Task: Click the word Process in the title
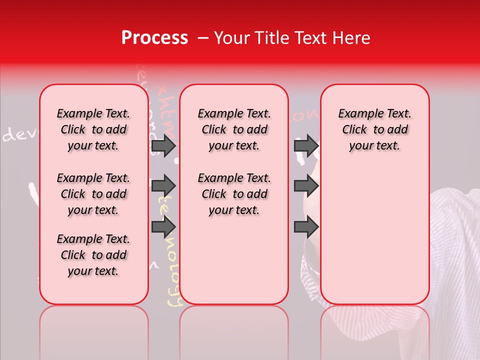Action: (154, 38)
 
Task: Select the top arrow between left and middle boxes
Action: (163, 145)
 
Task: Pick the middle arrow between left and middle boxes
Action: (163, 186)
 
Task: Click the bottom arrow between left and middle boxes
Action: (163, 226)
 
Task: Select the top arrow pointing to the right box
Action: (306, 145)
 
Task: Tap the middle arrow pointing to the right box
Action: (306, 186)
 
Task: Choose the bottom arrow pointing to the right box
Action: (306, 226)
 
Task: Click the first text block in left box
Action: (93, 129)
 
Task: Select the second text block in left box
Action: (93, 194)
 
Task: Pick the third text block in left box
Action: (93, 255)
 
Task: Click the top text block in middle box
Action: (234, 129)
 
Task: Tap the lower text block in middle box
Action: (234, 194)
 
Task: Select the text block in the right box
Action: (374, 129)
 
